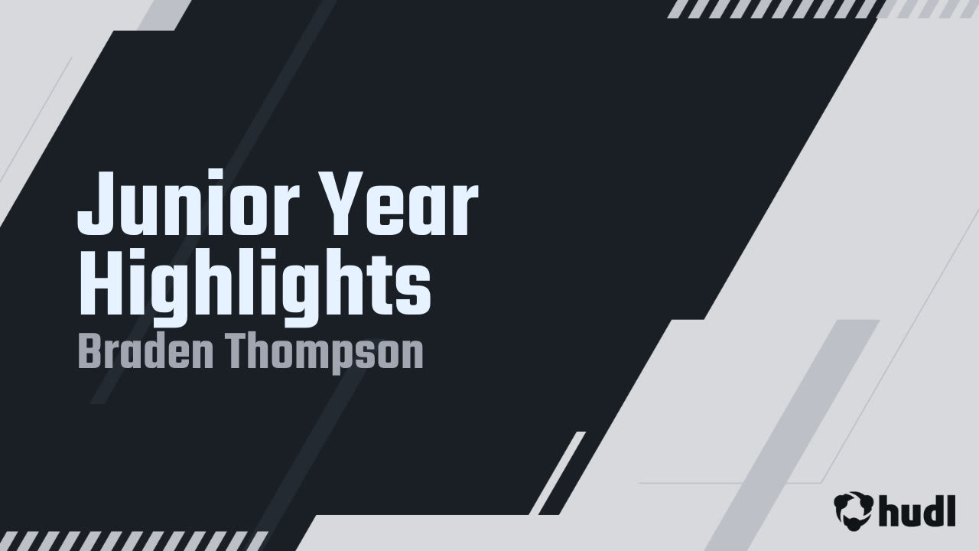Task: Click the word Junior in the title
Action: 189,204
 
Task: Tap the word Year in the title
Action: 398,204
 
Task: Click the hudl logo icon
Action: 854,511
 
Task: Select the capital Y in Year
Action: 342,204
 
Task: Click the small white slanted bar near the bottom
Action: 562,473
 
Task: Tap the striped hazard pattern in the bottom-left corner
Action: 133,541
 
